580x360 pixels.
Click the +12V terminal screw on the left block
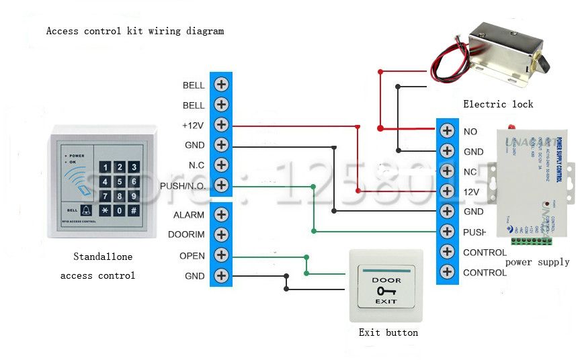(221, 125)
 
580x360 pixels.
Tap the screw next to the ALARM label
(221, 215)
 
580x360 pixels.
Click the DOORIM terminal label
(190, 235)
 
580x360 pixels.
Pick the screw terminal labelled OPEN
(221, 255)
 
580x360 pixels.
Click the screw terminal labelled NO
(447, 131)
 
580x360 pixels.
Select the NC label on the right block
(470, 172)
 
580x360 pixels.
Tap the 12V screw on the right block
(447, 191)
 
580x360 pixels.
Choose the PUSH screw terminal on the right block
(447, 232)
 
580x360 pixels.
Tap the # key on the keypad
(134, 211)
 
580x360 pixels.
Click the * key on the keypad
(106, 211)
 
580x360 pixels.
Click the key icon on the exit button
(386, 291)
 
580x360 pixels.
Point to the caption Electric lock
(498, 104)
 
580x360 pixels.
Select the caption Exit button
(388, 332)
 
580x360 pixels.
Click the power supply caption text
(537, 262)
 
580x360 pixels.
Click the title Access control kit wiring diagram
(134, 31)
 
